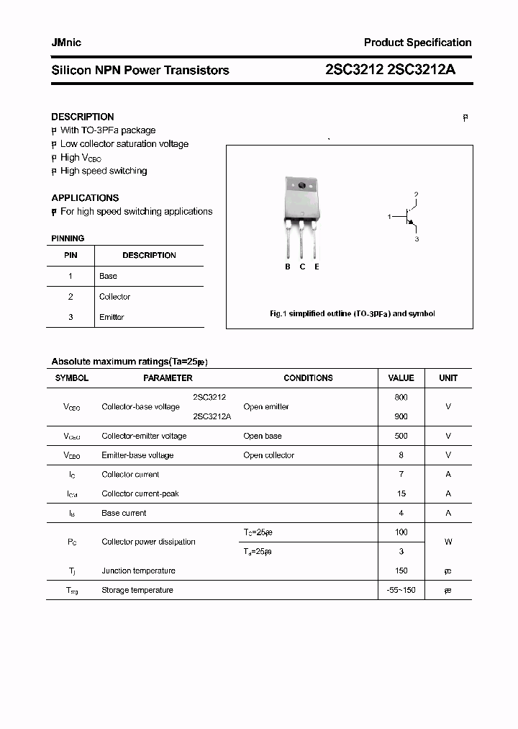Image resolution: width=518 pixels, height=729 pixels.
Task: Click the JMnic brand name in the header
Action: click(x=66, y=43)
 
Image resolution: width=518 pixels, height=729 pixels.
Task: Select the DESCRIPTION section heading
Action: click(x=83, y=117)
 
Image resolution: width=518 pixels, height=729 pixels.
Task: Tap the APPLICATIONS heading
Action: click(x=85, y=197)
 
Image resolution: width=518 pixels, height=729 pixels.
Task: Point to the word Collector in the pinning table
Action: click(x=114, y=297)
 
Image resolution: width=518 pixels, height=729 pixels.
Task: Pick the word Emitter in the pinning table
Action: click(x=112, y=317)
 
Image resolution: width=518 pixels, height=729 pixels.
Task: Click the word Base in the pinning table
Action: click(x=108, y=276)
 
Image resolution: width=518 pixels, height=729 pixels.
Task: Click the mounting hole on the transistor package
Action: click(x=302, y=187)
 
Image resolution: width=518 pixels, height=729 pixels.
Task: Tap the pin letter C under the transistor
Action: click(x=302, y=267)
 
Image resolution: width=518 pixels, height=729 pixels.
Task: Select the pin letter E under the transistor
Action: click(x=317, y=267)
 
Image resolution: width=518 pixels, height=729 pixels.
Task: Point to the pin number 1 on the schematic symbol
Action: click(x=389, y=216)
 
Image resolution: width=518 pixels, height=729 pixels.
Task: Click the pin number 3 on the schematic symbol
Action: click(x=417, y=238)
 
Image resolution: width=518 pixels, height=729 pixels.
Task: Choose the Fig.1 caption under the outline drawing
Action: click(x=352, y=314)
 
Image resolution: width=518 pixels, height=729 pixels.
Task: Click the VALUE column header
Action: click(x=401, y=377)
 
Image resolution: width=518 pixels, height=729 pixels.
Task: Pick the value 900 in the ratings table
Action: click(x=401, y=416)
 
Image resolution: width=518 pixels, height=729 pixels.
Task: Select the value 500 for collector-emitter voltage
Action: click(x=401, y=436)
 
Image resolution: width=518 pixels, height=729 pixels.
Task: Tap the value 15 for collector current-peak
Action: click(x=401, y=493)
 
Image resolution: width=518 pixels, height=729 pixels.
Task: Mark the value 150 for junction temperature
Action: click(x=401, y=571)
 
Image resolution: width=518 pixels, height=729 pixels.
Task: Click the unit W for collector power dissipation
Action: click(x=447, y=542)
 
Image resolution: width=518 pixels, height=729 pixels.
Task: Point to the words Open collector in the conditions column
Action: click(x=268, y=455)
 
